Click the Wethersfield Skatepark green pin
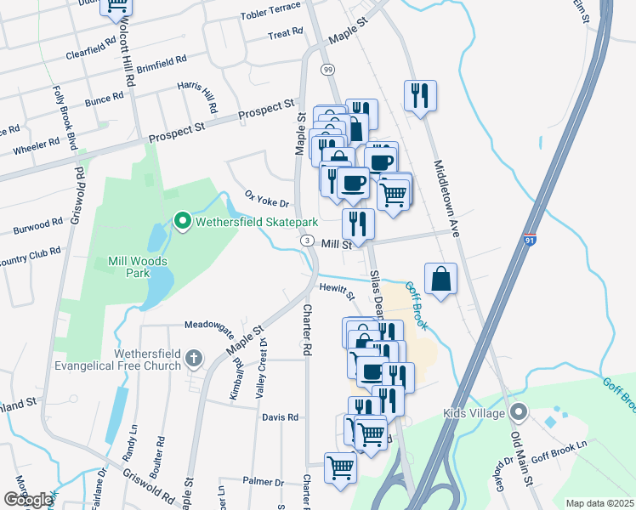coord(182,222)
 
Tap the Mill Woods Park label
coord(128,267)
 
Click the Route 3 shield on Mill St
coord(305,242)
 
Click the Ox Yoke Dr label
coord(268,198)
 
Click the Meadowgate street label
coord(209,325)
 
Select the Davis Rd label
coord(281,417)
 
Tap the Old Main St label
coord(520,456)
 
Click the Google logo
coord(28,500)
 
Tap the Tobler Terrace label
coord(271,8)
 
